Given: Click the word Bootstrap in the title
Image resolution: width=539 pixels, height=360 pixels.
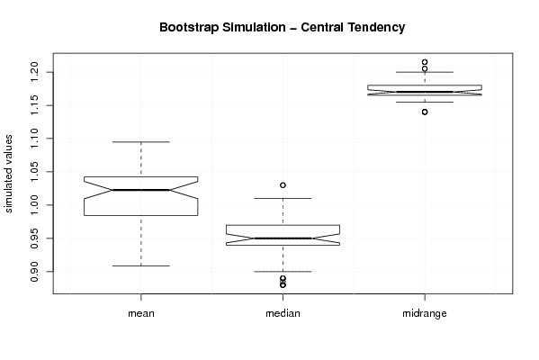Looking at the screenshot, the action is [x=189, y=28].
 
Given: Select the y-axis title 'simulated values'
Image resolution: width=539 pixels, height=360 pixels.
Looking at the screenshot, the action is [x=8, y=174].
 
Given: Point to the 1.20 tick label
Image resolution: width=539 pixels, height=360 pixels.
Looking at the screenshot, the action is [x=35, y=72].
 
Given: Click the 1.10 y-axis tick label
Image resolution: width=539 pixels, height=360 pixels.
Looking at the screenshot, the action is [x=35, y=139].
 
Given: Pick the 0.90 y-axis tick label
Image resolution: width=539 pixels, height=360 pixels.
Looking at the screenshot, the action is [x=35, y=272].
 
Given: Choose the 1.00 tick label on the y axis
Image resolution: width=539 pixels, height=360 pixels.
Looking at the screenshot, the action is [x=35, y=205].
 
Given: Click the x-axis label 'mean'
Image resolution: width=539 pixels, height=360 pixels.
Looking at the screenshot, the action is [x=141, y=313].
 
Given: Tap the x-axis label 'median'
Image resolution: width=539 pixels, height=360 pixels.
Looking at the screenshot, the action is [x=283, y=313].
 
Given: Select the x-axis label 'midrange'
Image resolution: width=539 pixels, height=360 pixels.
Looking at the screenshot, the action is [x=425, y=313].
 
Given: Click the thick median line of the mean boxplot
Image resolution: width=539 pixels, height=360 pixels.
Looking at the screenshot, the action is [x=141, y=190].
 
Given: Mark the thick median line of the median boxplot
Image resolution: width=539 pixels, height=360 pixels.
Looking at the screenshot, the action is [x=283, y=238].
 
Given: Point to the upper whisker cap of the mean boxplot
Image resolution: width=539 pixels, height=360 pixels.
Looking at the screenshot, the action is [x=141, y=141].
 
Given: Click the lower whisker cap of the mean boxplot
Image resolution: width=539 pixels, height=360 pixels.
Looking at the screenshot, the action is [x=141, y=265].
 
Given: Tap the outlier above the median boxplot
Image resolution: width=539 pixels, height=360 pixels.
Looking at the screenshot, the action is [x=283, y=185].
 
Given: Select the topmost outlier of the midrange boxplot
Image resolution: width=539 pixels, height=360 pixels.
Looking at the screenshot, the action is [x=425, y=62].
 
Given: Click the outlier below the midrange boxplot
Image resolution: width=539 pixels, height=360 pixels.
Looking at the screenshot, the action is [x=425, y=112].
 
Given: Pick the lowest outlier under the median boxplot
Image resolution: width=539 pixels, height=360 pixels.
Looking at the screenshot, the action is [x=283, y=285].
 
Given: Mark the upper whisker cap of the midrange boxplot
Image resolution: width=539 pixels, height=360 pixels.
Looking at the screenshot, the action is [x=425, y=72].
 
